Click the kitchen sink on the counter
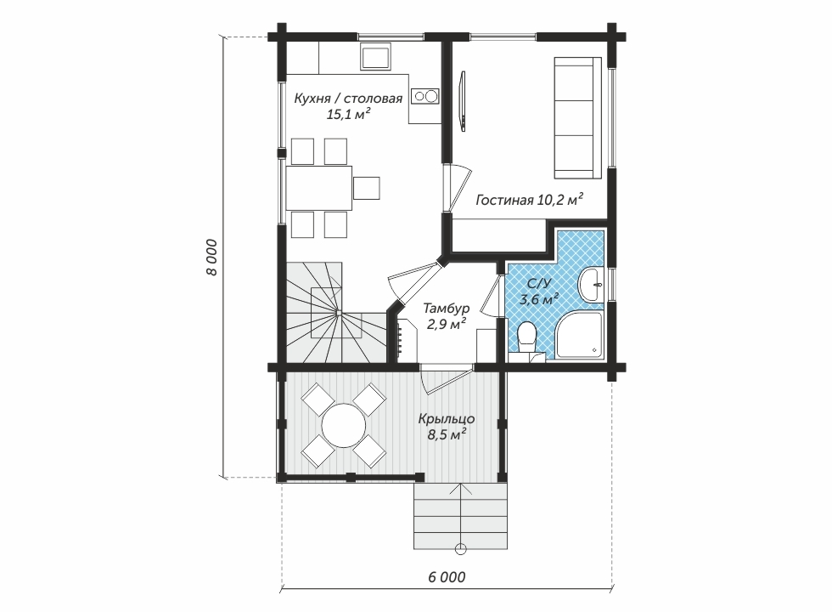[x=376, y=56]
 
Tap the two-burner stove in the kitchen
[x=426, y=96]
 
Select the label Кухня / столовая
[x=348, y=99]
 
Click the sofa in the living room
[x=578, y=118]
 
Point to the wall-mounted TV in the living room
[x=463, y=100]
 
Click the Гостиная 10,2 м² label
[x=530, y=200]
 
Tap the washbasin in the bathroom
[x=591, y=286]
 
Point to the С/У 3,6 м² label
[x=538, y=292]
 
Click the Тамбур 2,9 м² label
[x=447, y=316]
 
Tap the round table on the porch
[x=345, y=427]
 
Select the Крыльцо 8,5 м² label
[x=447, y=427]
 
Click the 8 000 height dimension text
[x=211, y=257]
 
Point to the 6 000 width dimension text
[x=447, y=577]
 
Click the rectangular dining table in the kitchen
[x=319, y=188]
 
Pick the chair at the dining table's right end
[x=367, y=188]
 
